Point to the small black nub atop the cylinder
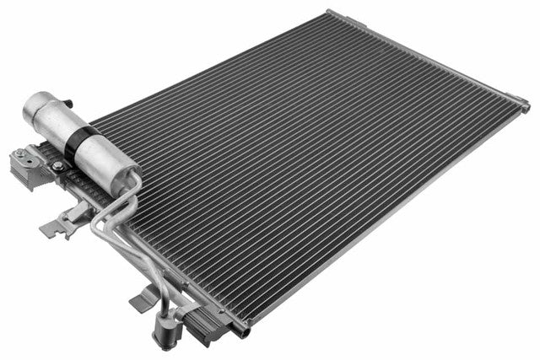[x=69, y=102]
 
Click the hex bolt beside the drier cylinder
[x=58, y=167]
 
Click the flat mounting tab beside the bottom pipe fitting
[x=143, y=297]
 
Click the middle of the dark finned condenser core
[x=304, y=160]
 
